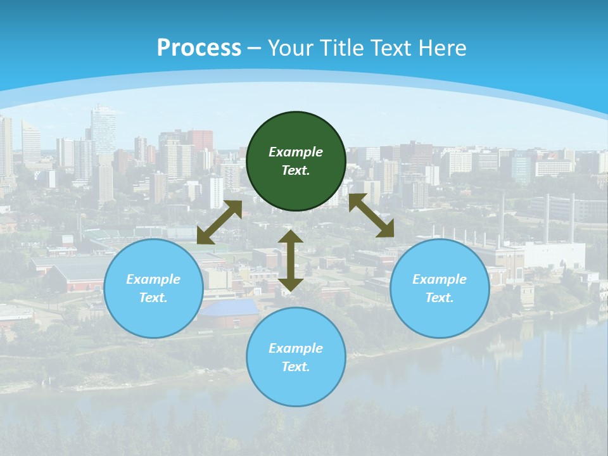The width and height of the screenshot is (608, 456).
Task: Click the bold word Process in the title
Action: (199, 48)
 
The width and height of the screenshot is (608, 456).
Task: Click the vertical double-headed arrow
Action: (291, 260)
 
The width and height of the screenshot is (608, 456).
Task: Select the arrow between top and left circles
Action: (219, 222)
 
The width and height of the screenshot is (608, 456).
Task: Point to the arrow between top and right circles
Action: (371, 216)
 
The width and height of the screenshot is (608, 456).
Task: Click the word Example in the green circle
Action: (296, 152)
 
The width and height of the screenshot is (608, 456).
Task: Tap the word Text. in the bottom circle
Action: (296, 367)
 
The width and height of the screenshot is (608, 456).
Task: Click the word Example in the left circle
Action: (153, 279)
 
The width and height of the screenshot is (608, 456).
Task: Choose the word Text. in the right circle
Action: (440, 298)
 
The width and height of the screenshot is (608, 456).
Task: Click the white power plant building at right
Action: (554, 254)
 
